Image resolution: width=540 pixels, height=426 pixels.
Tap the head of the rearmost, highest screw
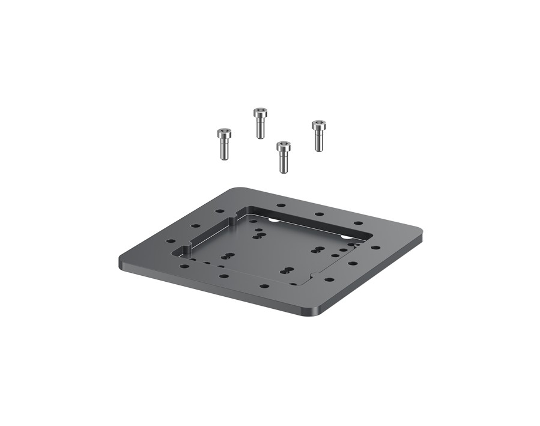(259, 112)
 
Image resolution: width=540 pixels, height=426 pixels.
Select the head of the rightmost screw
(318, 125)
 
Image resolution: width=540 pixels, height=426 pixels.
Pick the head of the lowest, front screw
(284, 146)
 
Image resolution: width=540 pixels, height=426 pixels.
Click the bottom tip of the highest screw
(260, 138)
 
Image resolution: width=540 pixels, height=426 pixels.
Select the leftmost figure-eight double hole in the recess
(226, 257)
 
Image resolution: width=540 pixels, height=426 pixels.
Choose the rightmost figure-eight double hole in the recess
(318, 248)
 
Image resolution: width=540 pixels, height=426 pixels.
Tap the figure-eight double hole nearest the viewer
(288, 270)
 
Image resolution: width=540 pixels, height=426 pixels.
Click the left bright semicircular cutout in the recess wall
(273, 220)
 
